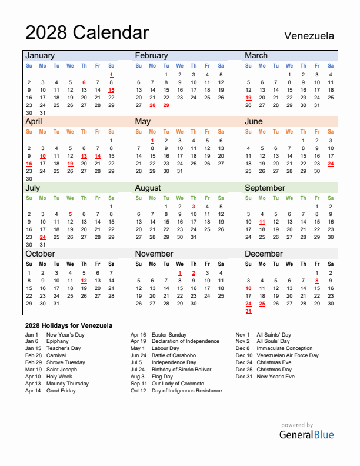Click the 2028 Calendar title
click(87, 32)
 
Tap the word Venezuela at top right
click(309, 35)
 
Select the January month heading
click(40, 55)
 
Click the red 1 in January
click(111, 75)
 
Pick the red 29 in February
click(166, 105)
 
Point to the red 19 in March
click(248, 98)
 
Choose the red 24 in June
click(331, 164)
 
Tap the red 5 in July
click(70, 214)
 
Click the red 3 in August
click(194, 207)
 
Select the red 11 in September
click(262, 222)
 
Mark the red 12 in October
click(84, 281)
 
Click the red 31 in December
click(248, 311)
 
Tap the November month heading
click(154, 254)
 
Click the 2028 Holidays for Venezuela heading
click(69, 325)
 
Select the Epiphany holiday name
click(58, 341)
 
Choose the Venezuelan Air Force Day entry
click(288, 355)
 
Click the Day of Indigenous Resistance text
click(187, 391)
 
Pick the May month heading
click(143, 121)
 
